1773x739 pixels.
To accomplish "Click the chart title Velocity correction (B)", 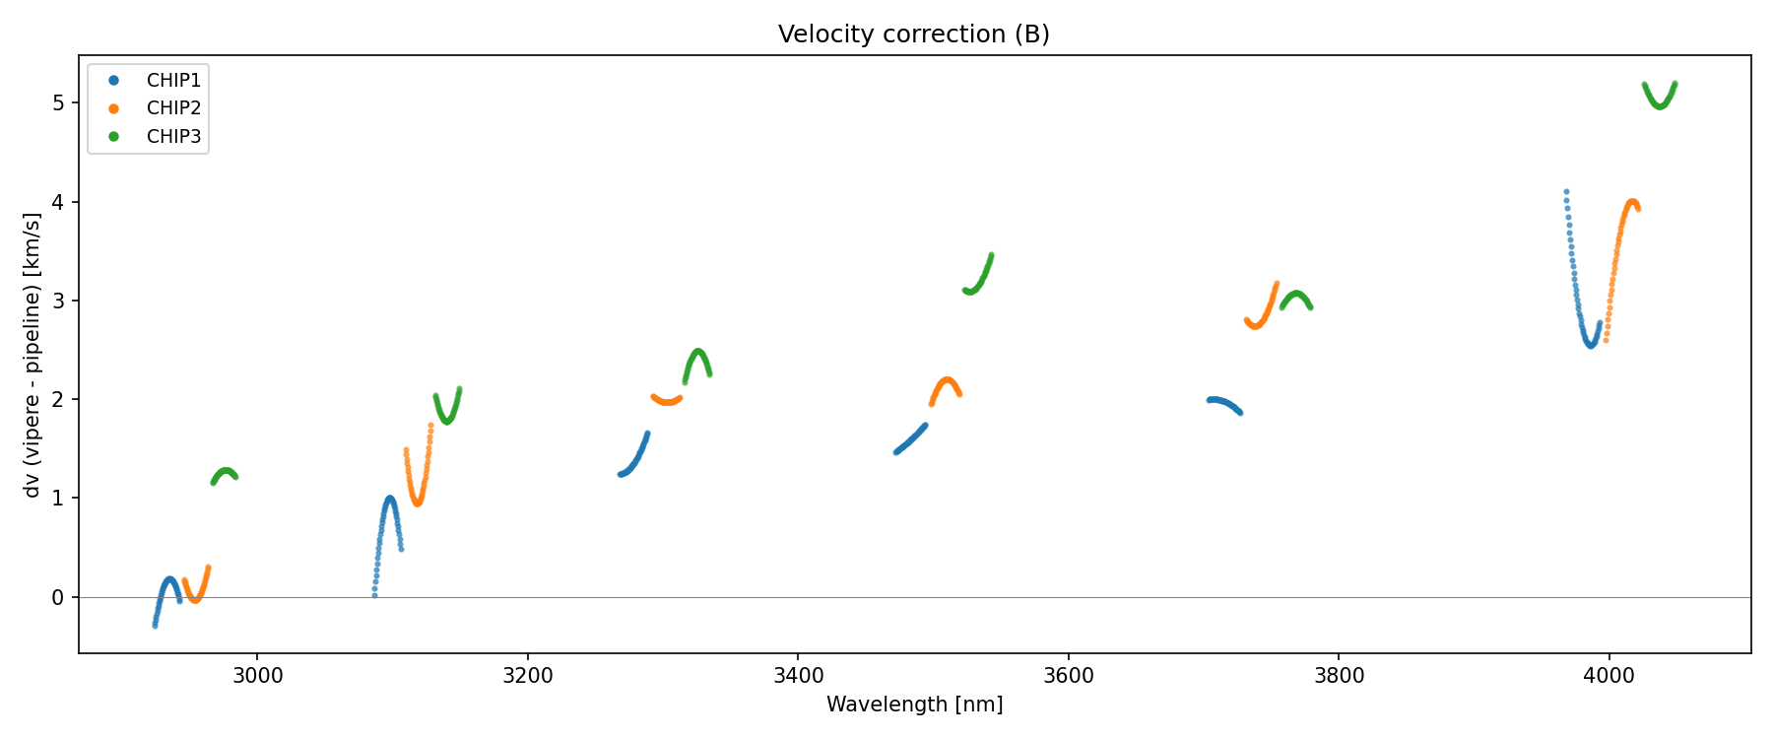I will pos(914,34).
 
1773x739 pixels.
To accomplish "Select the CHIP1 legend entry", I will pos(173,81).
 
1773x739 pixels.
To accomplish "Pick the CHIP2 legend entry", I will pos(173,108).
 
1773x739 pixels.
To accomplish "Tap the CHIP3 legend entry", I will pos(173,137).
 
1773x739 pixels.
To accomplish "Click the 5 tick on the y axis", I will pos(59,102).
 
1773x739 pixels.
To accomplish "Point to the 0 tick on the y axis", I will pos(59,597).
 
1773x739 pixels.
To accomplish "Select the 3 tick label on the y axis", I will pos(59,301).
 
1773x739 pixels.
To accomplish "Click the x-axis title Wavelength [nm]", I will pos(914,705).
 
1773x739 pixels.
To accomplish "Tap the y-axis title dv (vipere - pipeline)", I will pos(33,355).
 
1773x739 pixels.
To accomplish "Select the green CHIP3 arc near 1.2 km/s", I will pos(226,471).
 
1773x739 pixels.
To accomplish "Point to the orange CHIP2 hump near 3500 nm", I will pos(947,380).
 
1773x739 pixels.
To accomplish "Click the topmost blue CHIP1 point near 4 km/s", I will pos(1566,192).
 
